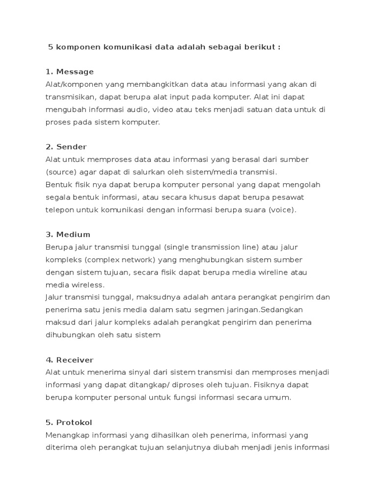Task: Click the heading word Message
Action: click(75, 72)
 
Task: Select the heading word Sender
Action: click(72, 147)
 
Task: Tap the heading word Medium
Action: click(73, 234)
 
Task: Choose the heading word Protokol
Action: click(74, 422)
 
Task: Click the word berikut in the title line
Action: click(260, 48)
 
